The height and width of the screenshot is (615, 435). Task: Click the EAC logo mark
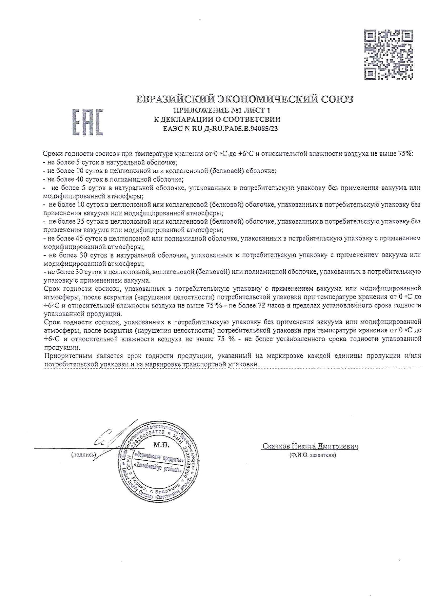tap(87, 122)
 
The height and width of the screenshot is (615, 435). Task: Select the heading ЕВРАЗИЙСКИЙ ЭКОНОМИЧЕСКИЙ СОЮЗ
tap(245, 99)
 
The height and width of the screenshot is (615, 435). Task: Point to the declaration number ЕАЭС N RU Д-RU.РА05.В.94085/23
tap(220, 128)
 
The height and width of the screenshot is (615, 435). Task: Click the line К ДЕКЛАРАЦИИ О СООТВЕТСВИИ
tap(217, 120)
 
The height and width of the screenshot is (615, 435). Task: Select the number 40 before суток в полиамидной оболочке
tap(79, 180)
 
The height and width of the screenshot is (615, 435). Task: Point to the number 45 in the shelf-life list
tap(79, 238)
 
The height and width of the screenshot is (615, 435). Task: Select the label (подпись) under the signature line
tap(83, 455)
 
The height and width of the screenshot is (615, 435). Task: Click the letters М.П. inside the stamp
tap(161, 445)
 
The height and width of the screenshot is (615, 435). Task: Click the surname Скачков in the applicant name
tap(276, 446)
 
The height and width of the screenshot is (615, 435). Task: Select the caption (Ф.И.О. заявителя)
tap(312, 455)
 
